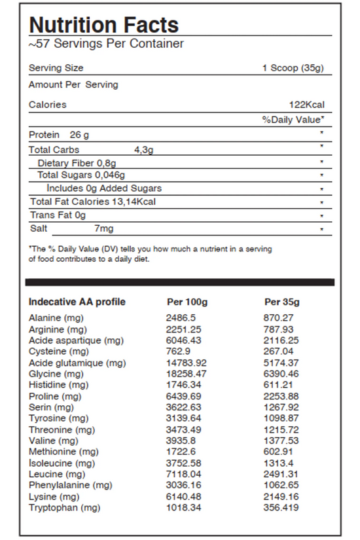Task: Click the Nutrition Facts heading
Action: (x=103, y=24)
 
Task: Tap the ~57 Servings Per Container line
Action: (x=106, y=45)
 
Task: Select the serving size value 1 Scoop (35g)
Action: (x=293, y=68)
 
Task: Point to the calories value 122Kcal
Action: (x=306, y=105)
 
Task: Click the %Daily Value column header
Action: (x=293, y=120)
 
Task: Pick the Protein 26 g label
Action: (x=59, y=135)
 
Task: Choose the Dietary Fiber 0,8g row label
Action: (x=77, y=163)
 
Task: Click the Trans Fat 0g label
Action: (x=58, y=215)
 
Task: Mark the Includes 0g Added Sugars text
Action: (x=104, y=189)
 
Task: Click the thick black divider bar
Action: (x=179, y=282)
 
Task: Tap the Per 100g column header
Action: (x=187, y=302)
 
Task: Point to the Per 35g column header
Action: (x=282, y=302)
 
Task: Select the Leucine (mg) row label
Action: (x=57, y=474)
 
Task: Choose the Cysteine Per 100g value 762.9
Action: (x=179, y=351)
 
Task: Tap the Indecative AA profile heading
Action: (x=77, y=302)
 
